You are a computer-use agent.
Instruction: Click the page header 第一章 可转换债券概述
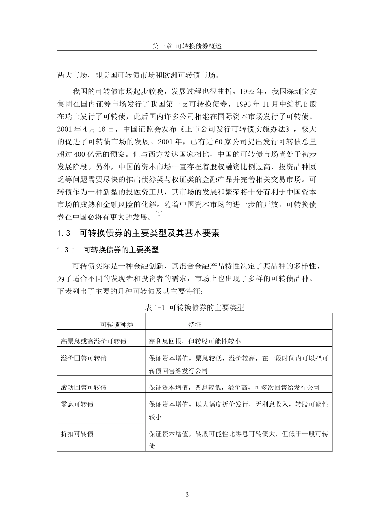click(187, 46)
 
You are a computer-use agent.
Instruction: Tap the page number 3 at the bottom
click(187, 495)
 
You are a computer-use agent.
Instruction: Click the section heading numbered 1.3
click(138, 233)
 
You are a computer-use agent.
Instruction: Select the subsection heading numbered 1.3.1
click(108, 250)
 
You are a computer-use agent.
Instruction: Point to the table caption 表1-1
click(194, 307)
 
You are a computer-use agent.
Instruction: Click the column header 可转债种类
click(117, 325)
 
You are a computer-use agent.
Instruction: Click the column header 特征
click(195, 325)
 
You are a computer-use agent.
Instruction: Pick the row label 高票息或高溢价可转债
click(94, 341)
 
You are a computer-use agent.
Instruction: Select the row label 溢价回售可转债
click(84, 358)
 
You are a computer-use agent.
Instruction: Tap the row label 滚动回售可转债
click(84, 387)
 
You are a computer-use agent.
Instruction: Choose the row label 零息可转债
click(77, 404)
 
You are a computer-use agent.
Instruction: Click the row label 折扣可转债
click(77, 434)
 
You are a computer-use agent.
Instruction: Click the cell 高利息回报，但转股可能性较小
click(194, 341)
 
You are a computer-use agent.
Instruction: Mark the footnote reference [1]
click(159, 214)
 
